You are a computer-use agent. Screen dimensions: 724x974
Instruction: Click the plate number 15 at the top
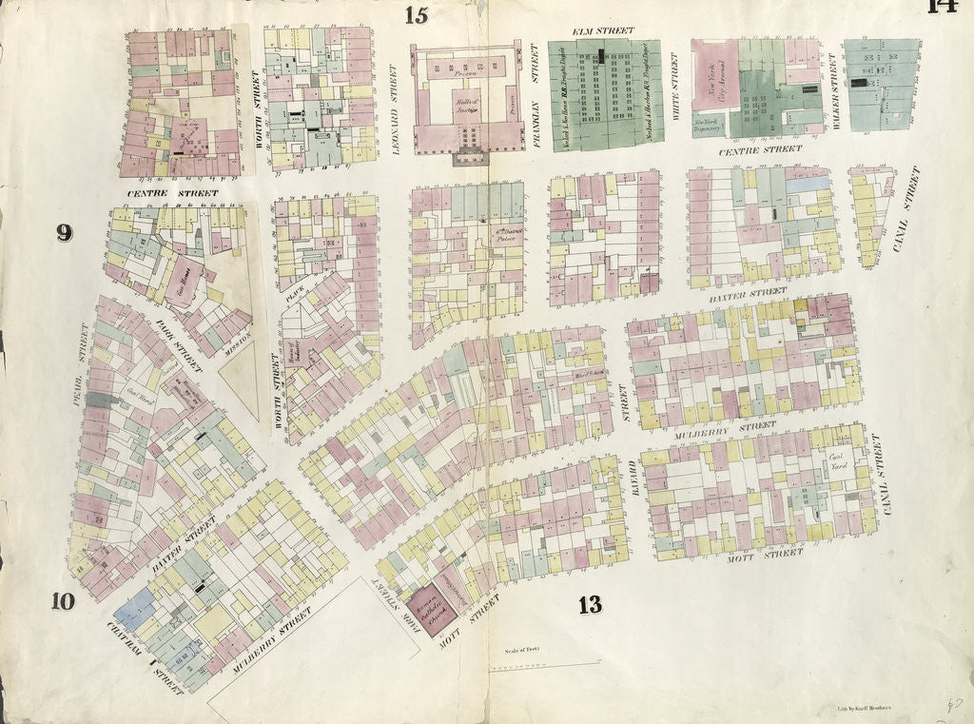pos(416,15)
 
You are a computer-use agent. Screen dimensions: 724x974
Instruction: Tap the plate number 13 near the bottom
pos(590,604)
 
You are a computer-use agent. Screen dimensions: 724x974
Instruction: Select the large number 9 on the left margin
pos(64,232)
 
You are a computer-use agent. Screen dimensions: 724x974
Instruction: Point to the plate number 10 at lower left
pos(63,600)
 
